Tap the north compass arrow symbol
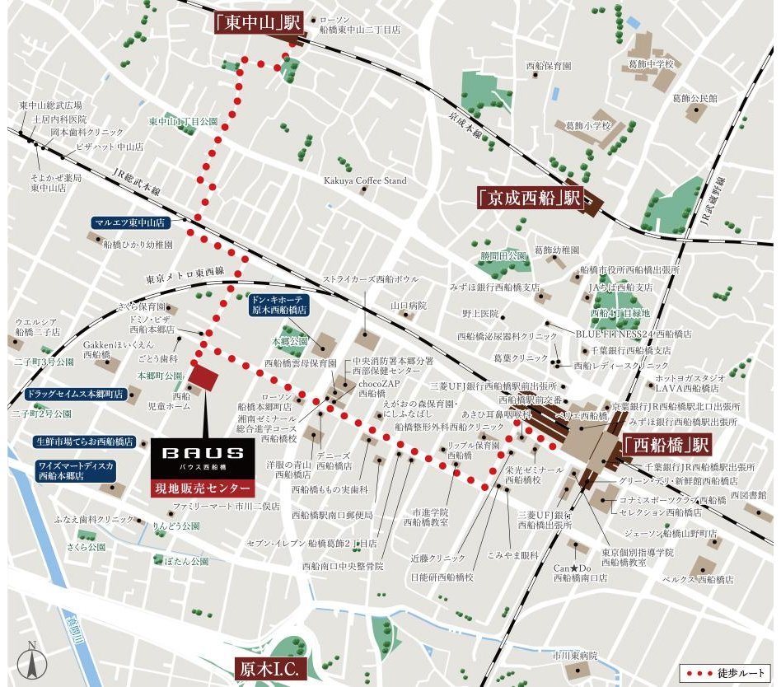click(32, 659)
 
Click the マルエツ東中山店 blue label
click(129, 222)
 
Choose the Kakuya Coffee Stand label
click(365, 180)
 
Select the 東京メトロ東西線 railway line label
click(189, 275)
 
